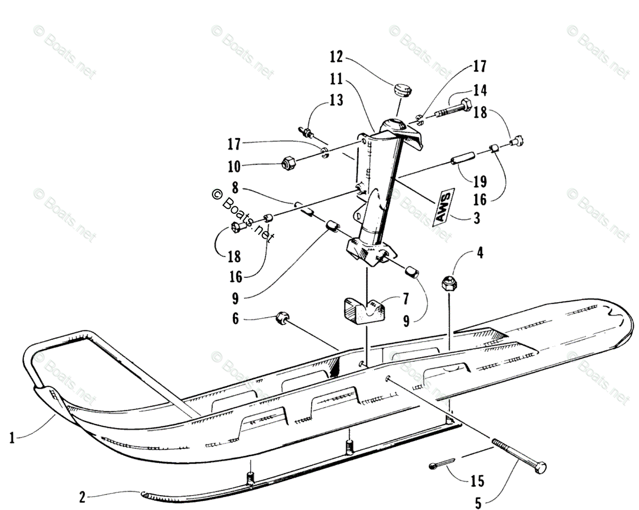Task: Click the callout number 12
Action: click(336, 56)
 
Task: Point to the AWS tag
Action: click(444, 207)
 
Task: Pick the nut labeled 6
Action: click(281, 319)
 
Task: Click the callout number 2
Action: click(82, 497)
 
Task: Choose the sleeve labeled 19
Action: click(464, 160)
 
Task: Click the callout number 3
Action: click(476, 218)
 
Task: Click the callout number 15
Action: click(477, 482)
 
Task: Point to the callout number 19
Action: click(479, 181)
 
